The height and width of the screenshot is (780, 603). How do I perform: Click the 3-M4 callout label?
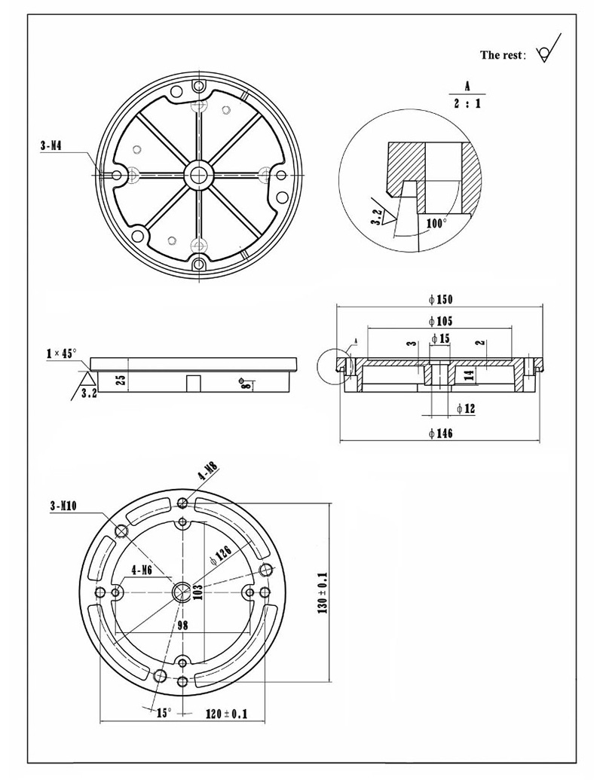point(51,145)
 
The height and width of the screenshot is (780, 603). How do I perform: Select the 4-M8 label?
point(207,473)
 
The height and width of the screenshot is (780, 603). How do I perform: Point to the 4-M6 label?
point(142,570)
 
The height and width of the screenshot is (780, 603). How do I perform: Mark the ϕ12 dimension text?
point(467,408)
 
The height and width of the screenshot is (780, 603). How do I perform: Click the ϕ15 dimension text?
point(441,339)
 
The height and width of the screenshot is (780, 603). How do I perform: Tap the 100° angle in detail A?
point(436,223)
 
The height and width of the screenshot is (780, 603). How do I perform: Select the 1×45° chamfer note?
point(61,353)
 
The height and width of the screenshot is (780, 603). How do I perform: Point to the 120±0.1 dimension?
point(227,713)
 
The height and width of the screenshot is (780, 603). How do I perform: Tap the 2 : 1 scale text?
point(467,103)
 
